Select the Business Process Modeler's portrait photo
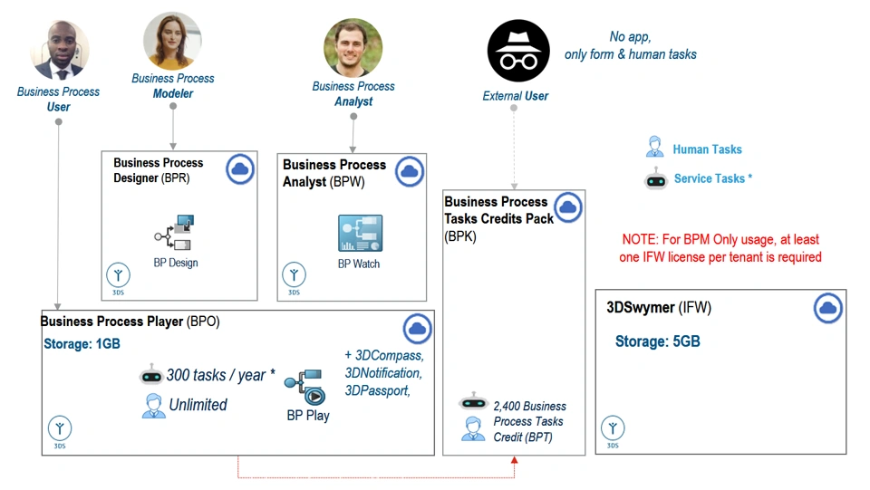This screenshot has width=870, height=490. [172, 40]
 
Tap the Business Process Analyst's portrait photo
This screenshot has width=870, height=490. [353, 47]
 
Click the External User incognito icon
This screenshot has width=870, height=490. [518, 52]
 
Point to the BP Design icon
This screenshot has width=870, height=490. [174, 233]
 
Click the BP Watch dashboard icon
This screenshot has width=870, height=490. [360, 233]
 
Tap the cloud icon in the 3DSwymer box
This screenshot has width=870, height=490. [827, 309]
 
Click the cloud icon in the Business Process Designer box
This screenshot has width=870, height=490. [240, 169]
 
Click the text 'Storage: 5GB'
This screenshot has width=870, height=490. [657, 341]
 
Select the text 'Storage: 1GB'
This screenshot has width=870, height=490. [82, 344]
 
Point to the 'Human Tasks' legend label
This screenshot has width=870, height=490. [707, 149]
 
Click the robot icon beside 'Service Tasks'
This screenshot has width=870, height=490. [655, 179]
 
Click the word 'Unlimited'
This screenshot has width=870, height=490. [198, 405]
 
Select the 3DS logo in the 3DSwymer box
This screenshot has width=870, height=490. [613, 428]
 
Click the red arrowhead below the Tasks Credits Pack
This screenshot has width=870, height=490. [514, 461]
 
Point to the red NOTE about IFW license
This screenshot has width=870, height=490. [721, 248]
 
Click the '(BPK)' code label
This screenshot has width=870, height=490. [459, 235]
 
